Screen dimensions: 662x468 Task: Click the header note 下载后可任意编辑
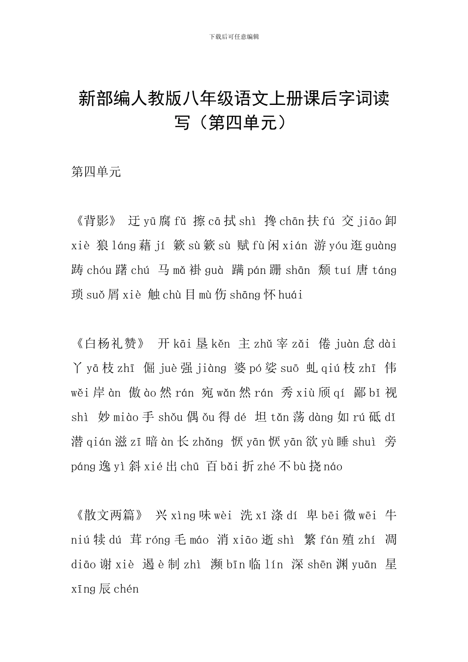click(x=234, y=36)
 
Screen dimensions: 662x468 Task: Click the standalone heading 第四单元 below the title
click(x=96, y=172)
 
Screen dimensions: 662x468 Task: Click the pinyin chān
click(x=292, y=222)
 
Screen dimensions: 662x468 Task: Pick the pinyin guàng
click(x=381, y=246)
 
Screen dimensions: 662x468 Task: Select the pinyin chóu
click(x=100, y=270)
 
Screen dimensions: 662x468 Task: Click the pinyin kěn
click(x=221, y=344)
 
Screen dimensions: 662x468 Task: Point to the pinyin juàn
click(x=348, y=344)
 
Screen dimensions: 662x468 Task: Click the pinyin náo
click(x=333, y=466)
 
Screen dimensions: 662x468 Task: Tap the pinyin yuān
click(x=364, y=565)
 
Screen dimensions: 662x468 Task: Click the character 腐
click(x=165, y=221)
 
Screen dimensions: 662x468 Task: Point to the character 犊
click(x=99, y=540)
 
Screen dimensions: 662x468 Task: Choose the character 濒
click(x=217, y=565)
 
